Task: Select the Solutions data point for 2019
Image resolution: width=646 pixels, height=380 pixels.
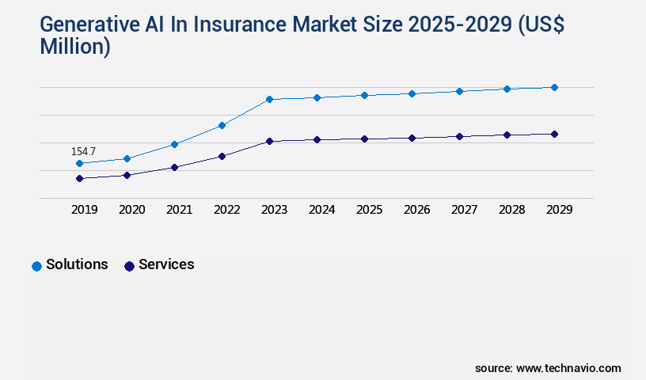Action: tap(79, 163)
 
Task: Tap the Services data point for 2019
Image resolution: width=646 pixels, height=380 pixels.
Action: tap(79, 178)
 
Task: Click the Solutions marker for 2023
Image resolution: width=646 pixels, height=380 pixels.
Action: tap(269, 99)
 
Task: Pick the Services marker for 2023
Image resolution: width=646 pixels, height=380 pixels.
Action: tap(269, 141)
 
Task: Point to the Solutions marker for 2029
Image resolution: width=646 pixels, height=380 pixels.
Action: tap(554, 87)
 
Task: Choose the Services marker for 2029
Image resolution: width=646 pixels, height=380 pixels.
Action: tap(554, 134)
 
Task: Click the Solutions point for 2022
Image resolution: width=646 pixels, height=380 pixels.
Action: tap(222, 125)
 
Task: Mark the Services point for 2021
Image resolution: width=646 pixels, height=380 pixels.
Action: tap(174, 167)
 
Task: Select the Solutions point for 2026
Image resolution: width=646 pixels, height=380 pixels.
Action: tap(412, 93)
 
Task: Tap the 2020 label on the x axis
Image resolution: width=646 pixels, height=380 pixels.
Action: tap(131, 210)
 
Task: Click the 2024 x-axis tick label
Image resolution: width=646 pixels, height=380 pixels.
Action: tap(321, 210)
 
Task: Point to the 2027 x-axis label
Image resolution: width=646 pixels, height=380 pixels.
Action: tap(464, 210)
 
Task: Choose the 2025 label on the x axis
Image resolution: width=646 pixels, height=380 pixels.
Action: tap(369, 210)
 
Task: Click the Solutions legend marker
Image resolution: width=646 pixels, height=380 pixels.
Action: tap(36, 266)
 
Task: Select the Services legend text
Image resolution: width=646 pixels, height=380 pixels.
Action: tap(166, 264)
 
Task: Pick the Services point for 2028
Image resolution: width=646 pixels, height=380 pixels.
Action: tap(507, 135)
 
